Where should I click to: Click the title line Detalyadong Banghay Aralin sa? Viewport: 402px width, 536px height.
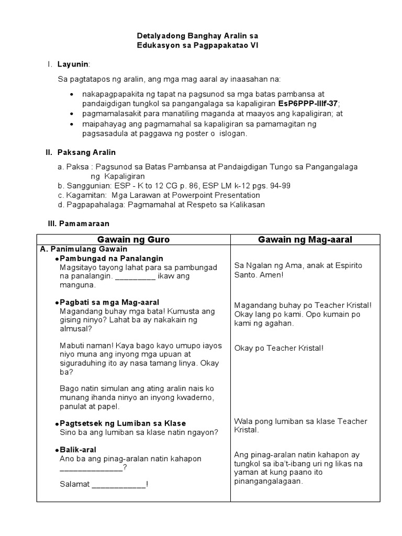[197, 36]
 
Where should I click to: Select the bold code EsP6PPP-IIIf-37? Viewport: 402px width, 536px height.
[309, 104]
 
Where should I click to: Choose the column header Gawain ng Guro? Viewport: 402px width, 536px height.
[134, 239]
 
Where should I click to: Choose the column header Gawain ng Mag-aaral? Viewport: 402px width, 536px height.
[305, 239]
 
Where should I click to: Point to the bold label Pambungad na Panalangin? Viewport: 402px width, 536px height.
[111, 259]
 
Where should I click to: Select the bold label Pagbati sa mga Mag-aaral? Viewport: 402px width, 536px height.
[110, 302]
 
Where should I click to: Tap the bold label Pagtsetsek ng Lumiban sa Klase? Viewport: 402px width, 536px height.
[123, 423]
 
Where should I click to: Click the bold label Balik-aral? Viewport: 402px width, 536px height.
[78, 450]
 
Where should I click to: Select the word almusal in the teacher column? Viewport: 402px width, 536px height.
[76, 329]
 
